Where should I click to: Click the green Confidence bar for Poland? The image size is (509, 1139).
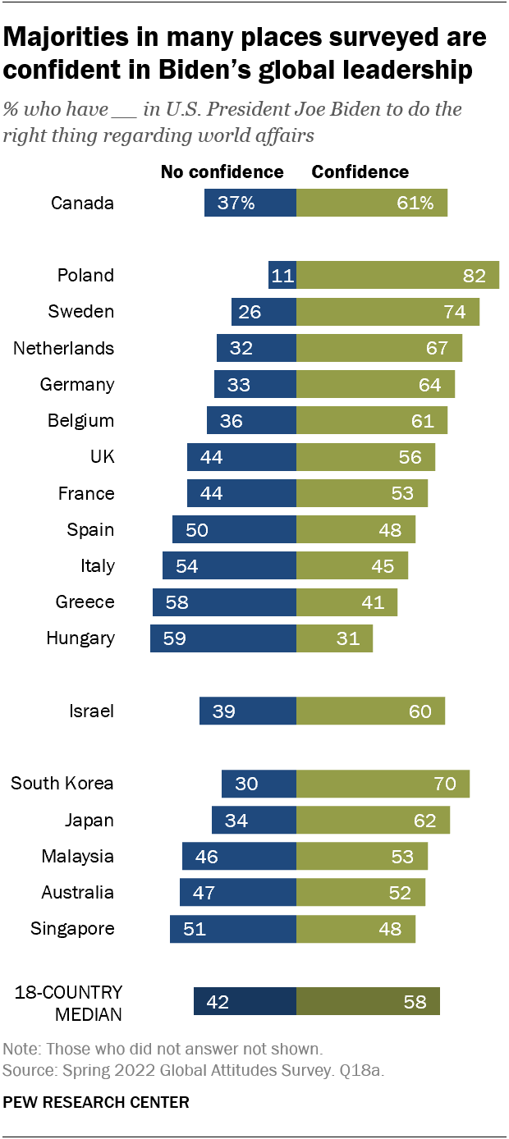[397, 276]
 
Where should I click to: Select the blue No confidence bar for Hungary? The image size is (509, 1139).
[222, 638]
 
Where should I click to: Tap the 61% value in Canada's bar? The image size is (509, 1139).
[415, 203]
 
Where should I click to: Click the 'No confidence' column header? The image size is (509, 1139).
[222, 172]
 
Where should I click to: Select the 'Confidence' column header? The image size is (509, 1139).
[360, 172]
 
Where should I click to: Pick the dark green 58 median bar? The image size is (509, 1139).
[368, 1002]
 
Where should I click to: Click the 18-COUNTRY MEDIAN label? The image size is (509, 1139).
[68, 1003]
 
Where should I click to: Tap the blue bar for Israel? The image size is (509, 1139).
[247, 711]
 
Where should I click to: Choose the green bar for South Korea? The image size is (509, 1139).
[383, 784]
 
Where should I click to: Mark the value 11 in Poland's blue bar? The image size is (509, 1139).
[282, 276]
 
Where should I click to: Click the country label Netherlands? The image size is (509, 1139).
[63, 348]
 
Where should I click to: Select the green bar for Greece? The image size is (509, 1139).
[346, 602]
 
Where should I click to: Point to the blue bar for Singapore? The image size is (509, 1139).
[232, 929]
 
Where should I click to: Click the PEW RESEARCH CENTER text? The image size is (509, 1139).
[96, 1102]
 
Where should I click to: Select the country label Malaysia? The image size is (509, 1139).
[78, 856]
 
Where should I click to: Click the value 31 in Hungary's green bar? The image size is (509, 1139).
[348, 638]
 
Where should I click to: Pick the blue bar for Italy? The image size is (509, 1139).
[229, 566]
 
